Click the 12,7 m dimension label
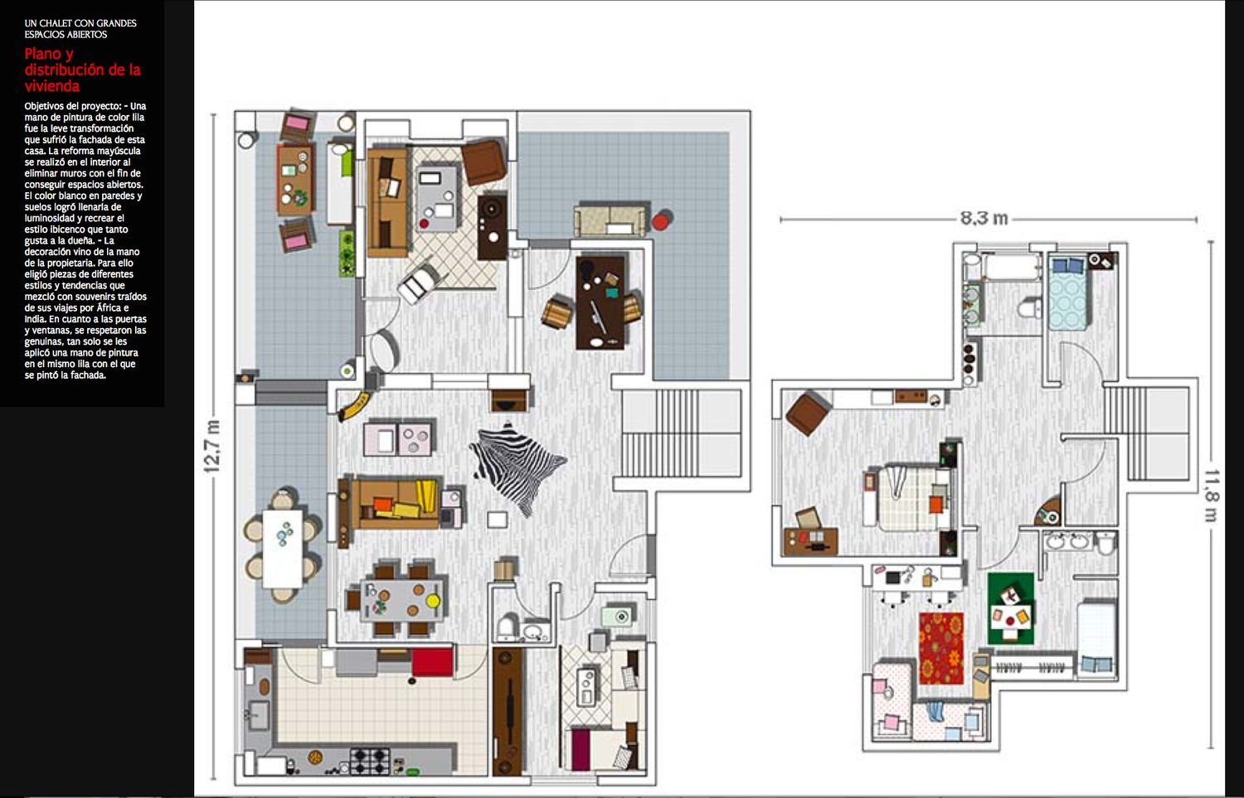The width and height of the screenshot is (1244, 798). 212,446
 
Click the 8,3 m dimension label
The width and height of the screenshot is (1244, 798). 984,218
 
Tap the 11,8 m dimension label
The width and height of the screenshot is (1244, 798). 1211,496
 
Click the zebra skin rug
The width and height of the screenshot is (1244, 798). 518,468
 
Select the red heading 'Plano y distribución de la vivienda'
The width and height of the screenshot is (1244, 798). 82,70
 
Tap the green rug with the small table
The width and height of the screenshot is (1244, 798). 1011,609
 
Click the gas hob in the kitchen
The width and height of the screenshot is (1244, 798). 369,762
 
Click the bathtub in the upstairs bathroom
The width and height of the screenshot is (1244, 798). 1012,267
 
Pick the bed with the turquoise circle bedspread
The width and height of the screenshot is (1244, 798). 1067,293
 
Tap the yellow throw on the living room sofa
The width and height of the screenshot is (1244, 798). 426,496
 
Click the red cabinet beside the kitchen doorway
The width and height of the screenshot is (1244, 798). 432,661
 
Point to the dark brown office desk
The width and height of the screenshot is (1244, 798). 600,302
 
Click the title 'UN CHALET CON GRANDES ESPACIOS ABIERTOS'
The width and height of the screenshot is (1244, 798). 80,29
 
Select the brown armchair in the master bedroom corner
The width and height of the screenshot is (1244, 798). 808,414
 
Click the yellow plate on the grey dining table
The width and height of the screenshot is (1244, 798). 433,601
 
